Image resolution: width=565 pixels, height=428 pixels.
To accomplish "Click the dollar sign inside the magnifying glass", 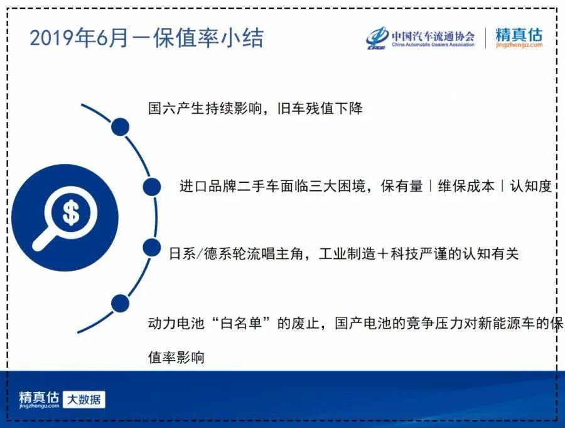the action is [71, 212].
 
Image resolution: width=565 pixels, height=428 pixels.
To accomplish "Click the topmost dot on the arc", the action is [120, 127].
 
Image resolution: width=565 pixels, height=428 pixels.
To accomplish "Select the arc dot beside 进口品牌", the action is [152, 187].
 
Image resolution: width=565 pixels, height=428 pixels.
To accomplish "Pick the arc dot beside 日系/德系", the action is [152, 248].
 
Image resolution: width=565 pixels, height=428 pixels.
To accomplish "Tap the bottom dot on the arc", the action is [120, 303].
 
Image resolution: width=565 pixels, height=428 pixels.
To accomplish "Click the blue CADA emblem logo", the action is [377, 38].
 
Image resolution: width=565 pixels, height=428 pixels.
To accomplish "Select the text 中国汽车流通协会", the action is [433, 36].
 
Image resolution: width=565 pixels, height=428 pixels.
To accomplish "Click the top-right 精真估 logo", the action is [519, 35].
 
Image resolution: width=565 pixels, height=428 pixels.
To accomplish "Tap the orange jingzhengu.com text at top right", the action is [519, 45].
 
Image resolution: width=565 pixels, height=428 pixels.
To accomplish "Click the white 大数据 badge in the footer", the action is [84, 400].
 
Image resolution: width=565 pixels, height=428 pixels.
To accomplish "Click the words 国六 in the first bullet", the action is [162, 108].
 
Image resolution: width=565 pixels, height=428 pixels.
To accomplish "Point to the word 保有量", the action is [401, 186].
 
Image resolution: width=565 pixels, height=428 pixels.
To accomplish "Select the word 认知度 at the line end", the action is [530, 186].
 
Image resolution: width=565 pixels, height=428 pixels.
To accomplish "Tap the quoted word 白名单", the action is [241, 322].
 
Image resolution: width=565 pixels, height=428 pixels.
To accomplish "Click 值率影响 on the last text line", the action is [176, 357].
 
